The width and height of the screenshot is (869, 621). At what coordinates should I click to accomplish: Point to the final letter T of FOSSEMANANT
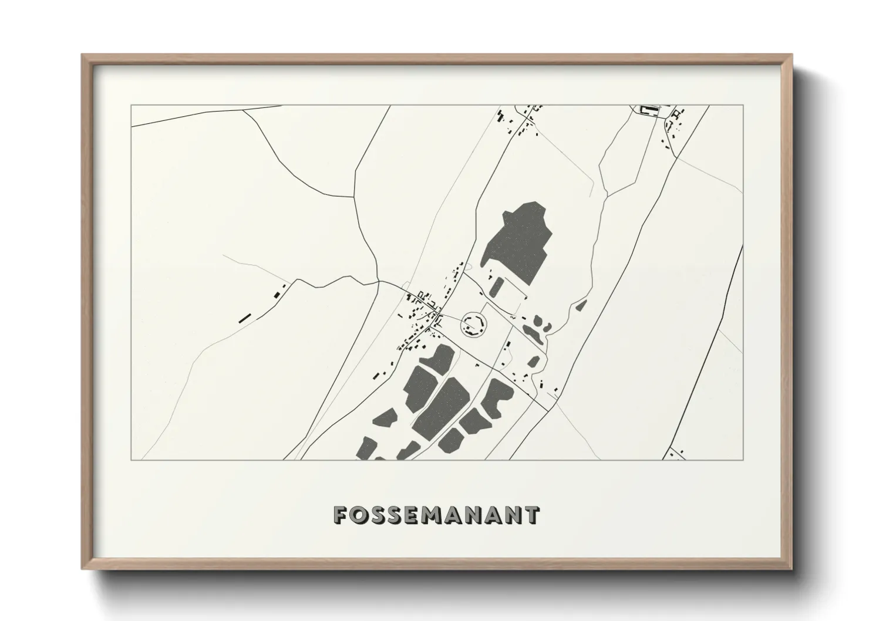pos(531,515)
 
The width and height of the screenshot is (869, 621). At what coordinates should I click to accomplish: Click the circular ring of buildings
pos(474,323)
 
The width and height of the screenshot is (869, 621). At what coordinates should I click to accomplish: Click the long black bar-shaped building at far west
pos(245,318)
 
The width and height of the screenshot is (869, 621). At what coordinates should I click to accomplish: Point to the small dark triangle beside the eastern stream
pos(581,305)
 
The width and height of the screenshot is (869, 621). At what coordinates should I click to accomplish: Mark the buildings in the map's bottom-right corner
pos(673,453)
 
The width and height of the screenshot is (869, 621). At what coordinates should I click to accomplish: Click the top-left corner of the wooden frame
pos(83,55)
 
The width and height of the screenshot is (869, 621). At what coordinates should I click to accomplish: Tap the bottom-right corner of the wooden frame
pos(791,569)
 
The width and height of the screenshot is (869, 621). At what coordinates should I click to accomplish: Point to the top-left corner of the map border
pos(132,106)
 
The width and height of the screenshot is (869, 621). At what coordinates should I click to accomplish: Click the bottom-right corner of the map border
pos(743,460)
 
